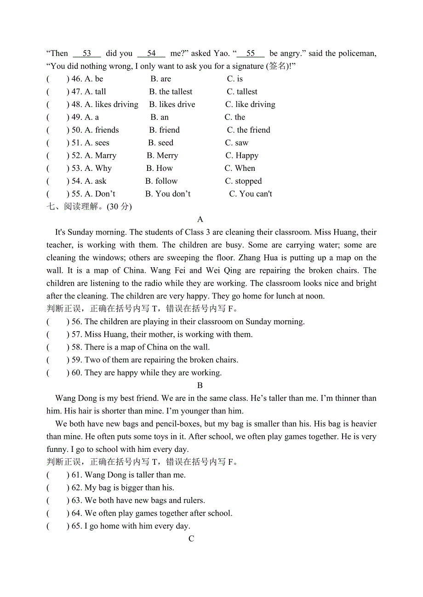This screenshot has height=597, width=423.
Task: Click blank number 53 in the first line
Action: click(x=87, y=53)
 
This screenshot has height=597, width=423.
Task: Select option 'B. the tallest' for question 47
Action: click(x=171, y=92)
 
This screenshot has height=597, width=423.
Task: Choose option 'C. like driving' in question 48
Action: click(x=250, y=105)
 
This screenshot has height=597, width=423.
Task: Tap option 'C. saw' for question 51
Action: click(x=237, y=143)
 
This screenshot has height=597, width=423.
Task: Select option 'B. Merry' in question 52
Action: click(x=162, y=156)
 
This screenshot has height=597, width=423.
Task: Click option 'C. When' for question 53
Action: click(x=240, y=169)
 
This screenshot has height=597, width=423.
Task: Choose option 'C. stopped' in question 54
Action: click(x=243, y=181)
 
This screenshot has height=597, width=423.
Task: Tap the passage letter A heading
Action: click(x=200, y=220)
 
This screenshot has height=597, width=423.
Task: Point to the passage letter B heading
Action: click(x=200, y=386)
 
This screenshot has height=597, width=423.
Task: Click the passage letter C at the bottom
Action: click(x=191, y=539)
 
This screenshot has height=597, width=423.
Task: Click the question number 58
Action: click(x=77, y=347)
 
